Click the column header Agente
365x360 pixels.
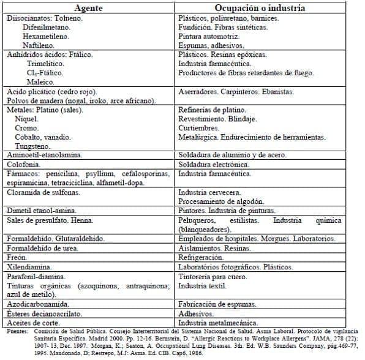click(x=88, y=8)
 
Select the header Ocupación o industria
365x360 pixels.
click(x=267, y=8)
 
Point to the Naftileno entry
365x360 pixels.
click(x=38, y=45)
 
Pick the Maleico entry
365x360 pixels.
click(x=40, y=81)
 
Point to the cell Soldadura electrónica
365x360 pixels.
click(x=214, y=165)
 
